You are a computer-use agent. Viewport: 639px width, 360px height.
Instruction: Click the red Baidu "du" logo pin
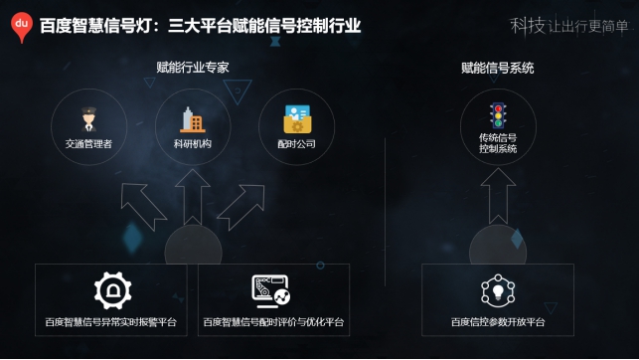pos(21,27)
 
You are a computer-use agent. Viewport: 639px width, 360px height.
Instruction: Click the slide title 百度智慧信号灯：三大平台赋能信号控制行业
pos(199,27)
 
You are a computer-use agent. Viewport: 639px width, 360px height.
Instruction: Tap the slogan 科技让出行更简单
pos(569,26)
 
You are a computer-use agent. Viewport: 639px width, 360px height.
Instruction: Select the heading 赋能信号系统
pos(497,68)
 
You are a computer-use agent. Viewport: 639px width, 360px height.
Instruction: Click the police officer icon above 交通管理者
pos(88,119)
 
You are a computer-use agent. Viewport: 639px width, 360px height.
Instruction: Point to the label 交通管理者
pos(88,144)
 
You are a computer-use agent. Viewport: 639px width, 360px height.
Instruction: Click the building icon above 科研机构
pos(192,119)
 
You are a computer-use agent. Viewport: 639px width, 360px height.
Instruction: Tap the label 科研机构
pos(192,144)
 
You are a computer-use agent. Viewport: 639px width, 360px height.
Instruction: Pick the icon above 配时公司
pos(296,119)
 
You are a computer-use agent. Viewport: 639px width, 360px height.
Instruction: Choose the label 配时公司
pos(296,144)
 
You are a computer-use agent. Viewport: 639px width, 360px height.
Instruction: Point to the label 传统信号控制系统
pos(498,143)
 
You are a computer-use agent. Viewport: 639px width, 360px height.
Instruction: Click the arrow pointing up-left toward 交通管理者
pos(143,205)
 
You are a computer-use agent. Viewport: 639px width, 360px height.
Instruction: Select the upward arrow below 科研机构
pos(193,195)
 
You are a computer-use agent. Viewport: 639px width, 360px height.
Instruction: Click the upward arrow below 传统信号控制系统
pos(498,195)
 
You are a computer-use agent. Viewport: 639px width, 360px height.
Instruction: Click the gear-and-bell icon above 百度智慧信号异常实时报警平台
pos(112,290)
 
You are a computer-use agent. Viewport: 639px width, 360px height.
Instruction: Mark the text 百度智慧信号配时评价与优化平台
pos(273,322)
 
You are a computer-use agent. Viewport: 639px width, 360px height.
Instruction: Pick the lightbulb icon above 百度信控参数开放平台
pos(498,290)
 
